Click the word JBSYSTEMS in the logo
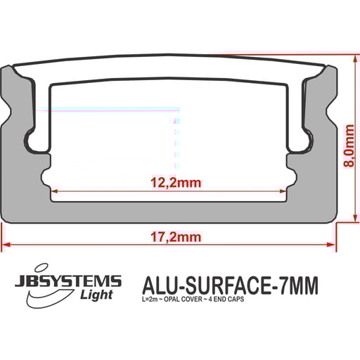coord(68,282)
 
